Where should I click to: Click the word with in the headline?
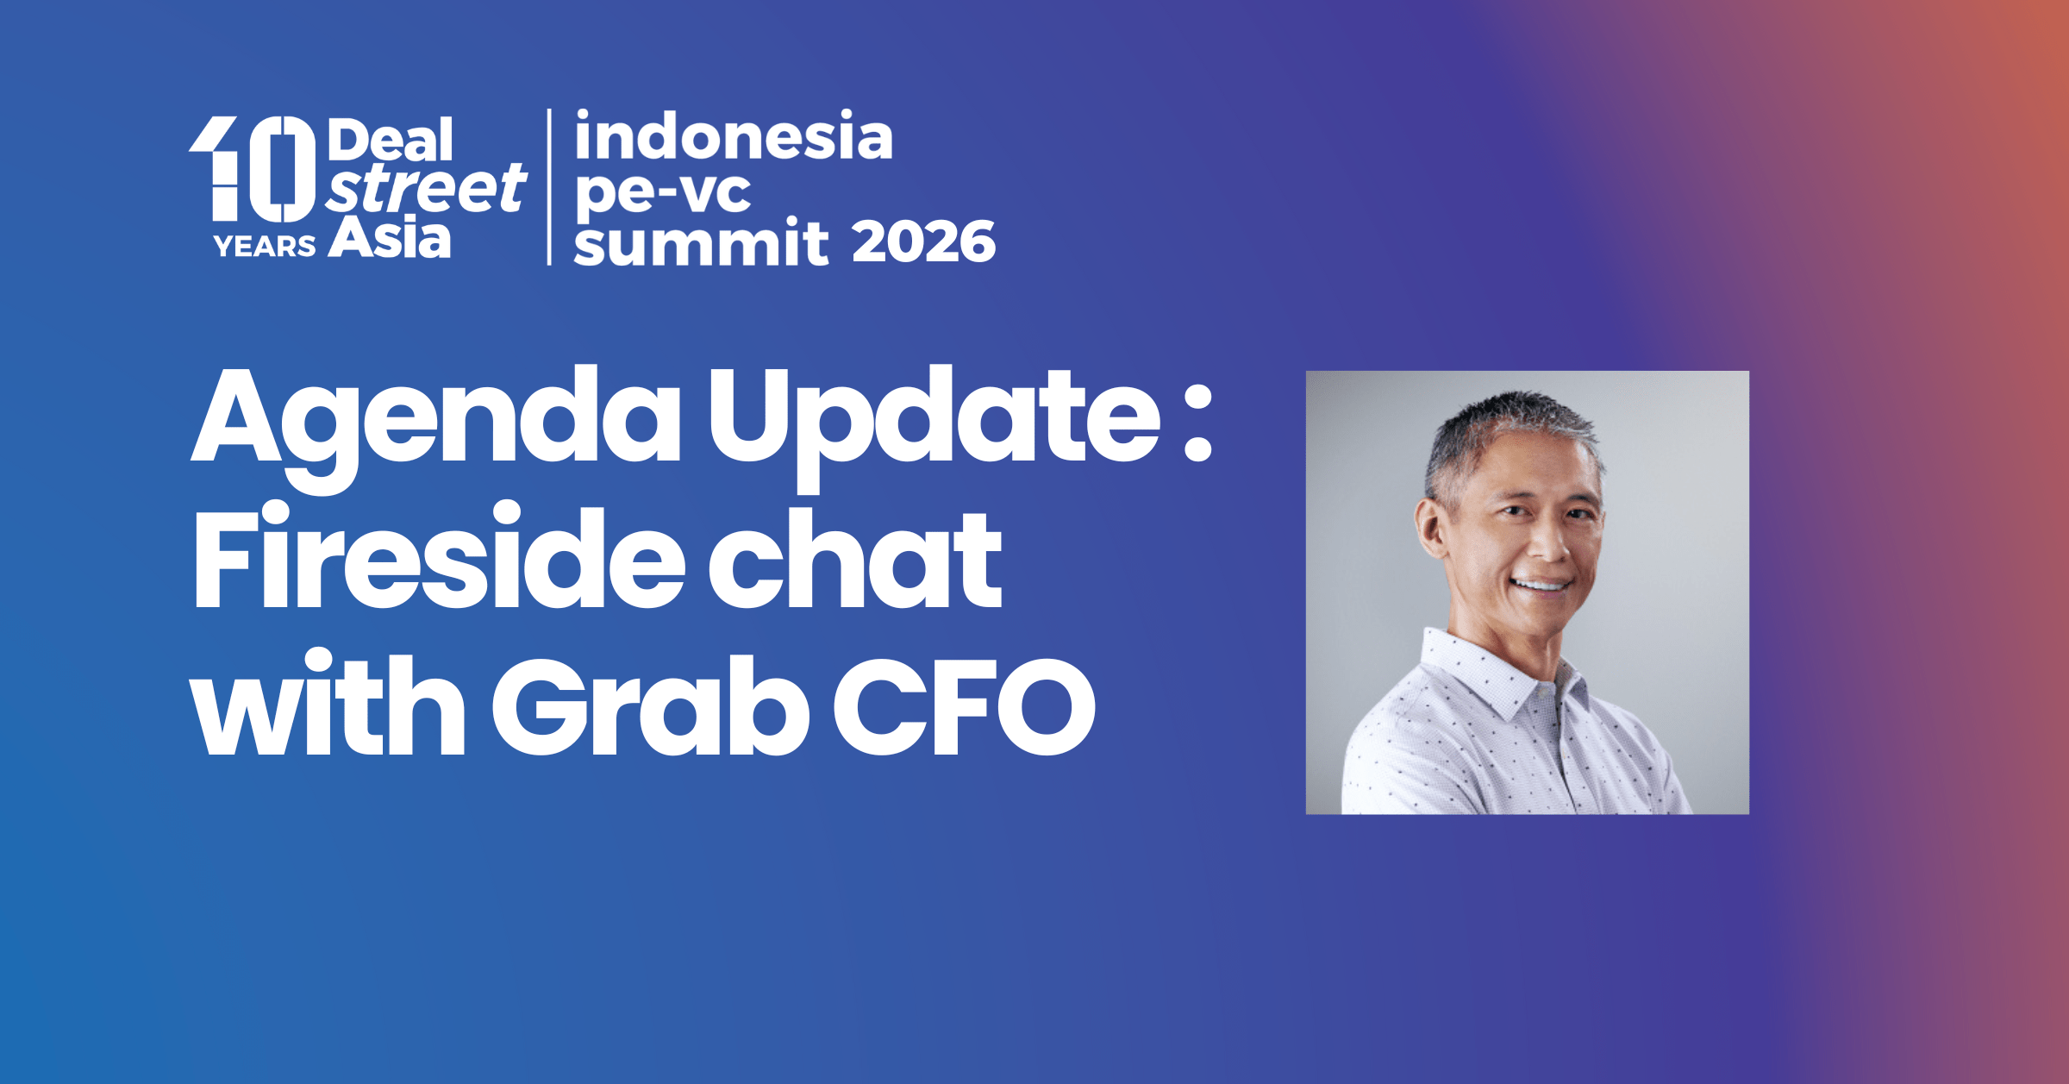coord(328,702)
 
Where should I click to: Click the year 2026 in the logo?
coord(924,242)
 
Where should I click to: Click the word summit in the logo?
coord(701,241)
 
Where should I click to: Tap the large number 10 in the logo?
coord(253,169)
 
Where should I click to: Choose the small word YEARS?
coord(265,247)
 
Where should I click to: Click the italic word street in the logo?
coord(426,188)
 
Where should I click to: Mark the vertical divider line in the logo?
coord(549,187)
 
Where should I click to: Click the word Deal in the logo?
coord(390,140)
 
